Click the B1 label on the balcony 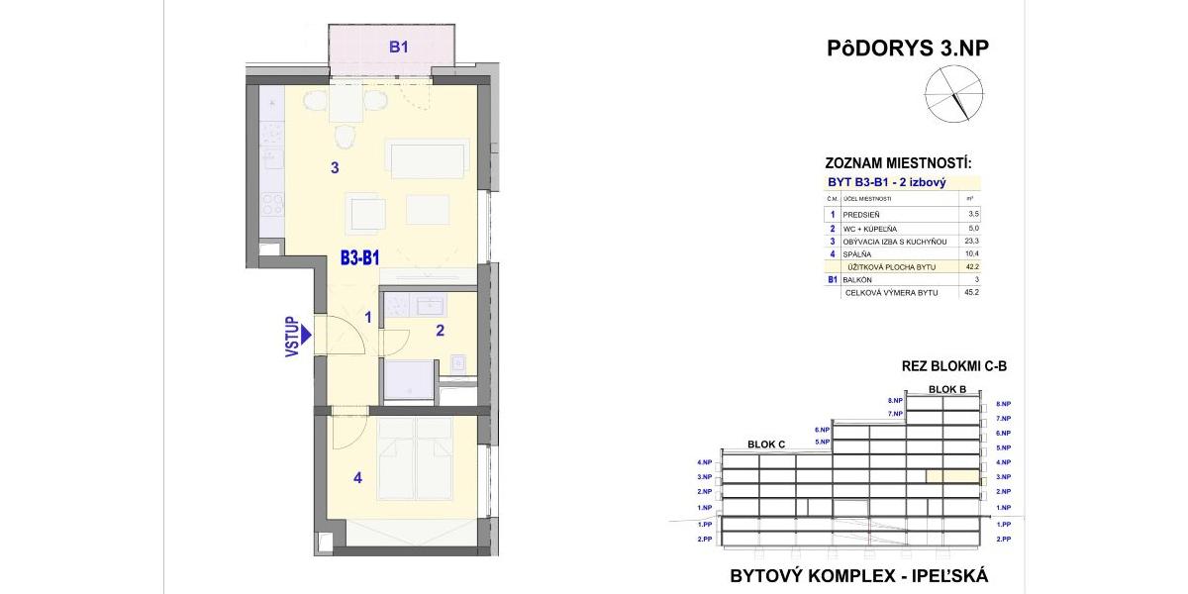tap(398, 47)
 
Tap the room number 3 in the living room tap(335, 168)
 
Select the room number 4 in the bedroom tap(357, 479)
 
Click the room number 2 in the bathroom tap(440, 331)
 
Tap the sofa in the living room tap(427, 158)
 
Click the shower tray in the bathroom tap(407, 380)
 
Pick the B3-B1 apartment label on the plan tap(361, 259)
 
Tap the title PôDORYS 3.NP tap(907, 49)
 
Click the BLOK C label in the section tap(766, 445)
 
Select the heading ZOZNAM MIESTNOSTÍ tap(898, 163)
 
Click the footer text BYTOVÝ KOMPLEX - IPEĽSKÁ tap(858, 575)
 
